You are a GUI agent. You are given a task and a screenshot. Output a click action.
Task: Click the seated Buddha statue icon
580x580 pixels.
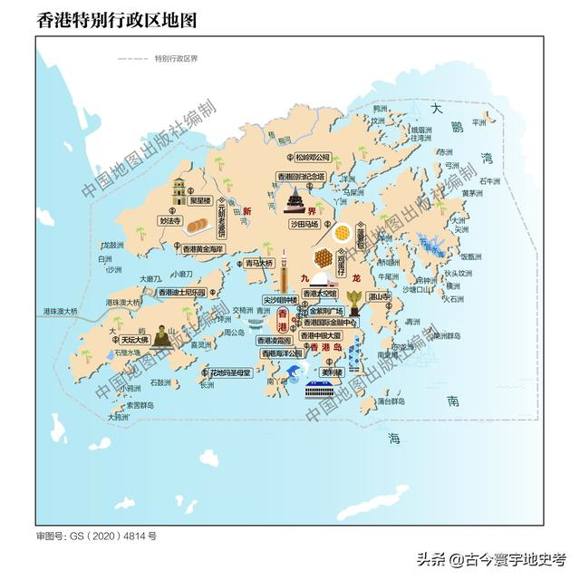point(161,337)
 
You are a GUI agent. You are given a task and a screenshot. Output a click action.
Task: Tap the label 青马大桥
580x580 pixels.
point(257,264)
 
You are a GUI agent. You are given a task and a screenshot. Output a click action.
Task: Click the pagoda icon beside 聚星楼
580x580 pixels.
point(179,191)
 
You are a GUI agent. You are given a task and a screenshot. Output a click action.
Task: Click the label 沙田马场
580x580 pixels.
point(304,222)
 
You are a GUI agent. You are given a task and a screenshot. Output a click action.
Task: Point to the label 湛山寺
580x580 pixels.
point(378,296)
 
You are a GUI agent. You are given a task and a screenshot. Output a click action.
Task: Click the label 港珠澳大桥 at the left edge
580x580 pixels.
point(61,312)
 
